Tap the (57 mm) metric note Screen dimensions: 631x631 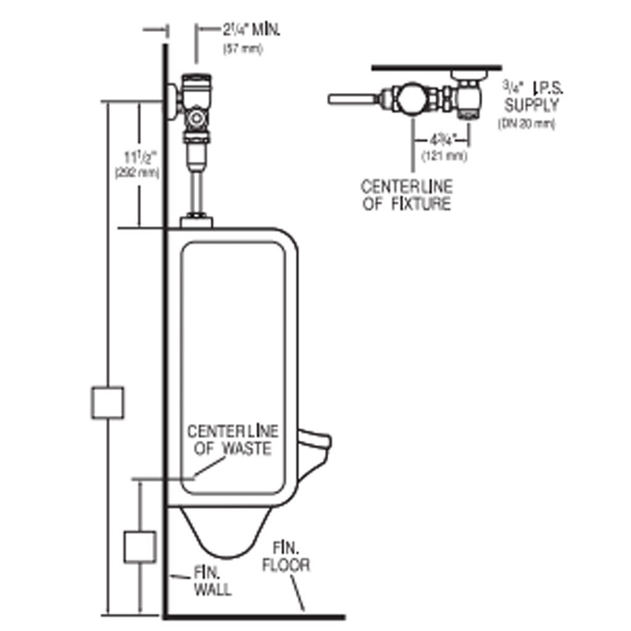click(242, 49)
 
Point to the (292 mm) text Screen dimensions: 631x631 click(137, 174)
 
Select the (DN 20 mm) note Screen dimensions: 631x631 click(526, 124)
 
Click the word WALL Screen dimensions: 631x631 click(213, 589)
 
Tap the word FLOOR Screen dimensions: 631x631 click(287, 564)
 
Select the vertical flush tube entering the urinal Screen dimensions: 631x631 click(197, 191)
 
